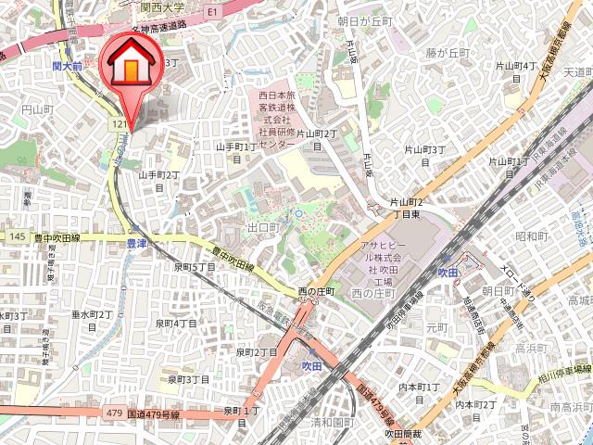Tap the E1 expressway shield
pyautogui.click(x=212, y=12)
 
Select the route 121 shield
pyautogui.click(x=116, y=123)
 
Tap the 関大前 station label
pyautogui.click(x=67, y=67)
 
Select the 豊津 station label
pyautogui.click(x=136, y=244)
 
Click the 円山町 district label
pyautogui.click(x=38, y=109)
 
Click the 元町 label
pyautogui.click(x=436, y=327)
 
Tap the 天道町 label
pyautogui.click(x=577, y=71)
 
